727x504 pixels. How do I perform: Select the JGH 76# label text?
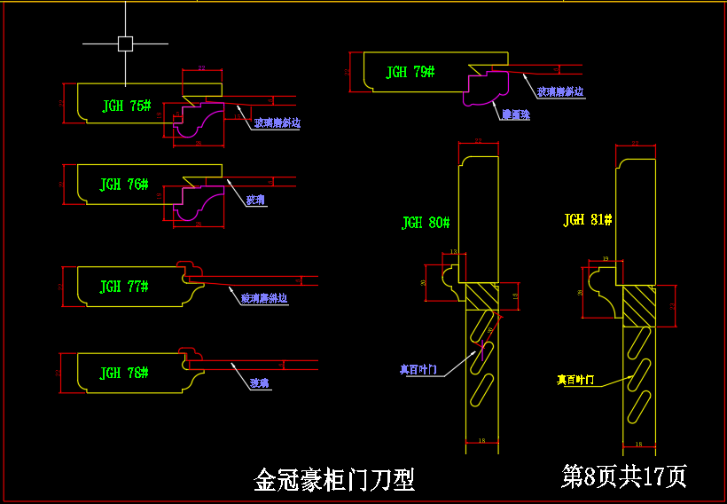click(123, 185)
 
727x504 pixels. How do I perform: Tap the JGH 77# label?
click(123, 287)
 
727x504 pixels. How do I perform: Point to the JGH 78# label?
click(123, 373)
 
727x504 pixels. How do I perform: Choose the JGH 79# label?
click(410, 72)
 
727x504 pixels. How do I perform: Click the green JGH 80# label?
click(426, 223)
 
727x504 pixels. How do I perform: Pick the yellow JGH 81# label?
click(588, 219)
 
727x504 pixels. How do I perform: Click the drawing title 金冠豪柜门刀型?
click(334, 481)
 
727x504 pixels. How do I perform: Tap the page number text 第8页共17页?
click(624, 476)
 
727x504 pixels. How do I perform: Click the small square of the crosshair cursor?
click(125, 43)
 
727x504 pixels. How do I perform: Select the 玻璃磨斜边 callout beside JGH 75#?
click(277, 123)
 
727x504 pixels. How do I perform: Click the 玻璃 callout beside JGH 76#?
click(255, 201)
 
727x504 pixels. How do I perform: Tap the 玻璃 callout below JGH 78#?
click(259, 383)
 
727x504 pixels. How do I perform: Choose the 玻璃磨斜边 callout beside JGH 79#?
click(559, 91)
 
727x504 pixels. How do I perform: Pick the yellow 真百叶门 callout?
click(575, 380)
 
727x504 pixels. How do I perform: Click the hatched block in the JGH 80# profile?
click(483, 295)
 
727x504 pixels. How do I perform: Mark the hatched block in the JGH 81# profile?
click(638, 305)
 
